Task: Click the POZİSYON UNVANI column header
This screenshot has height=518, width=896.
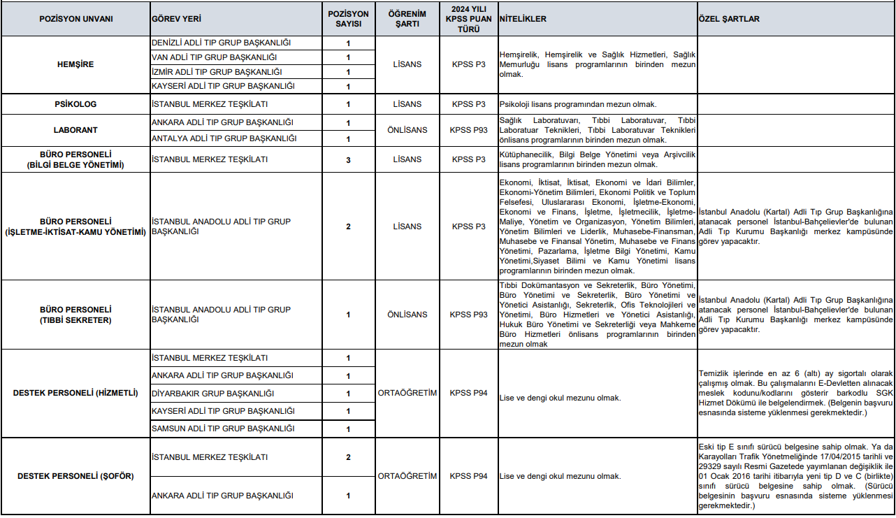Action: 75,19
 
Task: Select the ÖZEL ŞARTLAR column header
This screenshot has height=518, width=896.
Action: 729,19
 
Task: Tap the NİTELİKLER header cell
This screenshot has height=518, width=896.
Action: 523,19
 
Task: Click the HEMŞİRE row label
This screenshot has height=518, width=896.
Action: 75,64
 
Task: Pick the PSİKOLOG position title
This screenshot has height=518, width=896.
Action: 75,104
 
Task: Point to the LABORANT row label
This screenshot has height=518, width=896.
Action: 75,130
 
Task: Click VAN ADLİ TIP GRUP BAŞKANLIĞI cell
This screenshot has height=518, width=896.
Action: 215,57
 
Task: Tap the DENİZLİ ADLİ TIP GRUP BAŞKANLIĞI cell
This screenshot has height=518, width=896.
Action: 221,43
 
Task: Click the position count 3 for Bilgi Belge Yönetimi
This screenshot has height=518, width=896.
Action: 348,159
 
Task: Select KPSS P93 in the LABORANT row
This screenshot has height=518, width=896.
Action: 468,130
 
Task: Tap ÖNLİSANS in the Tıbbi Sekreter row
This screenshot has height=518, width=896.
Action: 407,315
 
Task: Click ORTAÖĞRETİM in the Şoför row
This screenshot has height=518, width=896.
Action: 407,476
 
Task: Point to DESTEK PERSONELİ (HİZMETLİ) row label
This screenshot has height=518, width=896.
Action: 75,393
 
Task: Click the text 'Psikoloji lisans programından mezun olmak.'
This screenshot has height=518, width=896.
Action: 578,104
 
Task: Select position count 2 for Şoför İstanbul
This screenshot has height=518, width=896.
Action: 348,457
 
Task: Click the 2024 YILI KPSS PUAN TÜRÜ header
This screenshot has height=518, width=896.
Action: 468,19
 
